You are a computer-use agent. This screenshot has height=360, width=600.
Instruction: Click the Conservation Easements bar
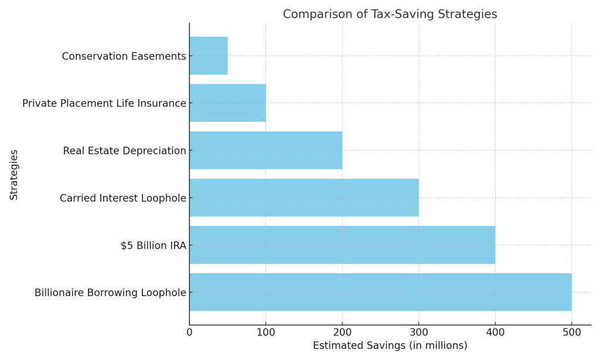208,56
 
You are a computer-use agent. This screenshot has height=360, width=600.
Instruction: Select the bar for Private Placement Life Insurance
227,103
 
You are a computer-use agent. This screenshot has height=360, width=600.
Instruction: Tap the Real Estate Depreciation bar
265,150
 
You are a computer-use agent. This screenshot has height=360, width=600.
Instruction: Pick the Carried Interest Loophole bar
304,198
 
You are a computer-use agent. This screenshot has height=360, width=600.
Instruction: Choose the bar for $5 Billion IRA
342,245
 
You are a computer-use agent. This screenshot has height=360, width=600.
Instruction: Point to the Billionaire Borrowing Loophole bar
380,292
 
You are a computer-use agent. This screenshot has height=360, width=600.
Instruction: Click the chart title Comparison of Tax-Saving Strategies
390,14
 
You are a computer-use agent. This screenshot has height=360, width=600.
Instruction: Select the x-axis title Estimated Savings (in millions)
390,346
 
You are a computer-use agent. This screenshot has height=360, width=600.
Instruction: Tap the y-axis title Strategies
14,175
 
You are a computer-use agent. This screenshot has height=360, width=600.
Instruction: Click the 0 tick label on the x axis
189,332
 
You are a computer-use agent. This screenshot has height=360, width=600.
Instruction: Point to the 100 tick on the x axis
265,332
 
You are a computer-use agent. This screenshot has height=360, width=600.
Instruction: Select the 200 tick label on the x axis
342,332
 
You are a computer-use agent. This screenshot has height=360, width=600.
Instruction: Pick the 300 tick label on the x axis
418,332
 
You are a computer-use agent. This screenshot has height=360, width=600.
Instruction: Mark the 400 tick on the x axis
495,332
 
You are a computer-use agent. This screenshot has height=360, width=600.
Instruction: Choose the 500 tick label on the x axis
571,332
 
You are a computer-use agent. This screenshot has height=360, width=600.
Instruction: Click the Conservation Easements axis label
124,56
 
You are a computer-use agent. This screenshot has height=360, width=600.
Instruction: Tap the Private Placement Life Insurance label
104,104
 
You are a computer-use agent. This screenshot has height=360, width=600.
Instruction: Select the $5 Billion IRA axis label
153,246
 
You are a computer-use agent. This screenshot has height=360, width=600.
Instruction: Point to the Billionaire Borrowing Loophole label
110,293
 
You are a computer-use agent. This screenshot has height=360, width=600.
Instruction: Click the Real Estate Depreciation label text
124,151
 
